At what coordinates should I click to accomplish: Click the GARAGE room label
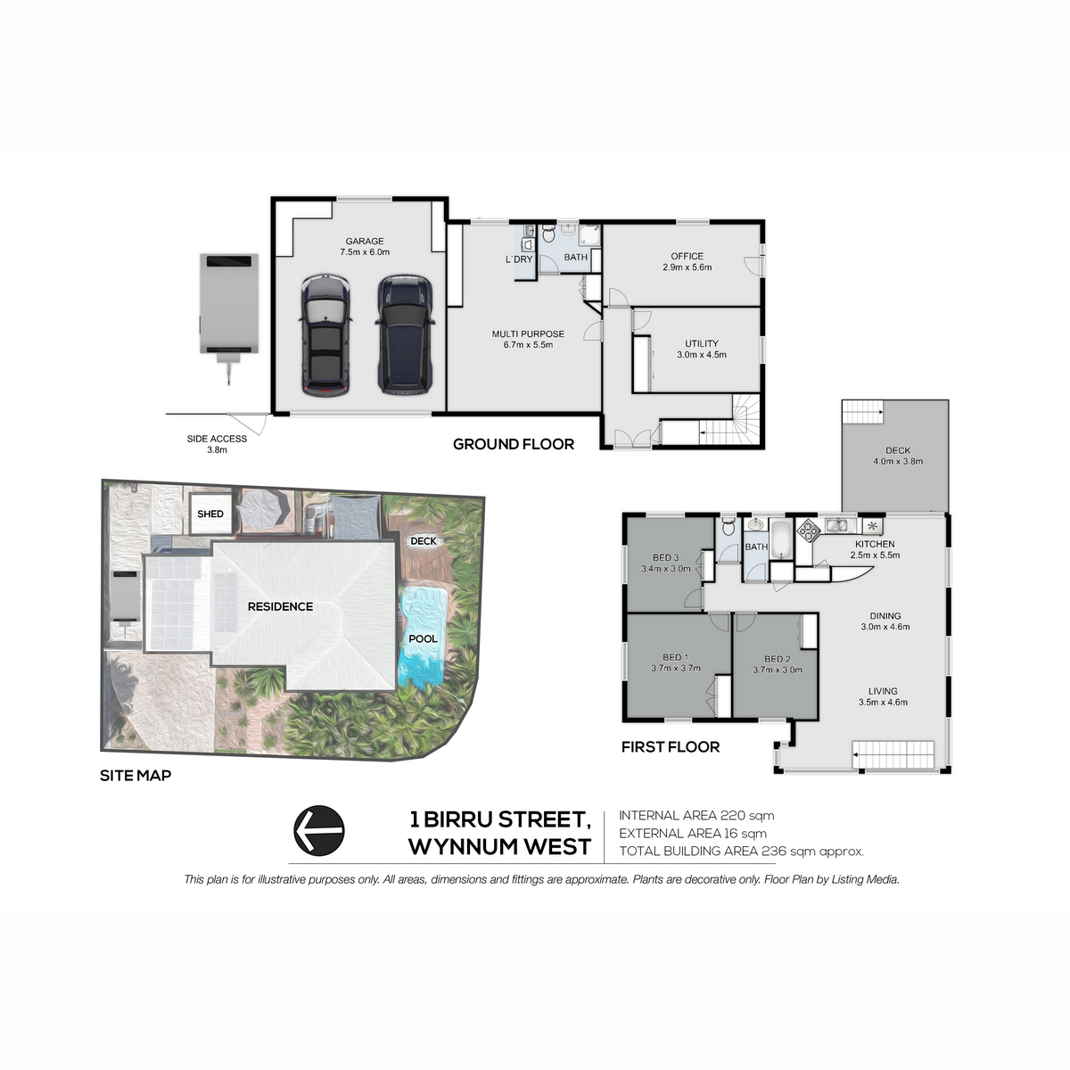[x=365, y=246]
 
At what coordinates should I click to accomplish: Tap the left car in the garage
[x=325, y=335]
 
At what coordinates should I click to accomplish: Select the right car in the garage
[x=405, y=334]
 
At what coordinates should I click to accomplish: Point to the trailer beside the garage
[x=229, y=311]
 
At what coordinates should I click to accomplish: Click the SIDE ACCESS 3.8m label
[x=217, y=444]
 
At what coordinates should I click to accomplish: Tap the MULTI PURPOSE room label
[x=528, y=339]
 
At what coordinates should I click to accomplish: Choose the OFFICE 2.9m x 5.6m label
[x=687, y=261]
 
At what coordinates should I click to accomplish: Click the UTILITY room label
[x=702, y=349]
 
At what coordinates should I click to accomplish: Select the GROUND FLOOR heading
[x=513, y=444]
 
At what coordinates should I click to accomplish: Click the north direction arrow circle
[x=318, y=831]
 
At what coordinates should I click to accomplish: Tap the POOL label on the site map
[x=423, y=638]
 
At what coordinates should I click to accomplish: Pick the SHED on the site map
[x=210, y=514]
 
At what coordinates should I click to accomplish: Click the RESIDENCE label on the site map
[x=280, y=606]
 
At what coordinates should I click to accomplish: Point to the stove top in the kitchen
[x=809, y=531]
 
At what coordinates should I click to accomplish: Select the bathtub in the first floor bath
[x=782, y=539]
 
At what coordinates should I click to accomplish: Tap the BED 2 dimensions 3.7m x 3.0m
[x=778, y=670]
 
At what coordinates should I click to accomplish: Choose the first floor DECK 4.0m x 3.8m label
[x=898, y=456]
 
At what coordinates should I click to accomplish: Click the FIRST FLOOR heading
[x=671, y=747]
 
